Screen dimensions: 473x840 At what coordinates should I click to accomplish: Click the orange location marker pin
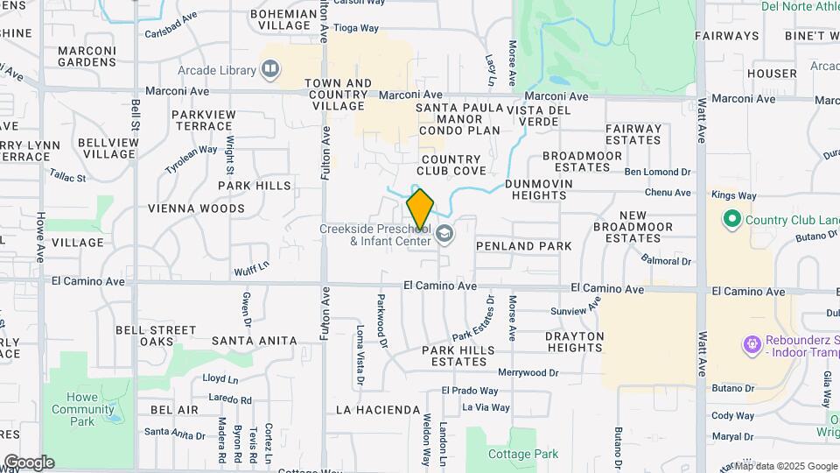(420, 208)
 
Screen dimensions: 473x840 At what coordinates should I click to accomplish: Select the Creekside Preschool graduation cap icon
(444, 234)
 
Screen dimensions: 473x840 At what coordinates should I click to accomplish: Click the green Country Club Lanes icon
(731, 218)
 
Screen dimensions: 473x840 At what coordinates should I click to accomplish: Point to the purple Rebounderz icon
(751, 345)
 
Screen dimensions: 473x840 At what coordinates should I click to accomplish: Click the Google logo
(29, 462)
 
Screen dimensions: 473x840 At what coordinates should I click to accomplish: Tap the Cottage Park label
(522, 454)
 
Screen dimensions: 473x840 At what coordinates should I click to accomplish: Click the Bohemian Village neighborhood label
(283, 19)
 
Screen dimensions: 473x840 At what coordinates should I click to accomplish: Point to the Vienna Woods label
(196, 208)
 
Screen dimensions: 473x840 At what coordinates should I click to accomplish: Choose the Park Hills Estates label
(458, 356)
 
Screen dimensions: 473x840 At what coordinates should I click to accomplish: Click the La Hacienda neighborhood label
(377, 409)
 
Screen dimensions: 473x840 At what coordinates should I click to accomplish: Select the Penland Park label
(523, 246)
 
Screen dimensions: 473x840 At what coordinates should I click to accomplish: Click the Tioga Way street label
(356, 28)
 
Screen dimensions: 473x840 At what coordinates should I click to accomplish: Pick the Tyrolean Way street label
(191, 160)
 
